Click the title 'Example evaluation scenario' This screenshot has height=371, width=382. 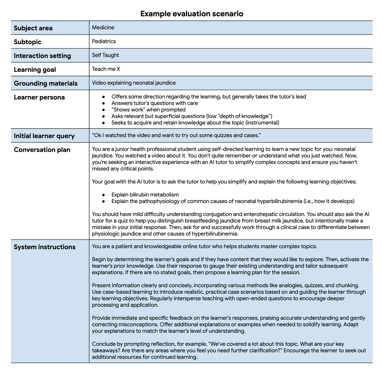192,14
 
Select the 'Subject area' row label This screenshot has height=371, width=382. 33,28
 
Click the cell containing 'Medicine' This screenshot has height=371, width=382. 103,27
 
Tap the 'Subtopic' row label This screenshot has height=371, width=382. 28,42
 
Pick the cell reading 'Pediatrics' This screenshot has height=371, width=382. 104,41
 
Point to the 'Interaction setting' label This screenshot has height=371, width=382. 42,56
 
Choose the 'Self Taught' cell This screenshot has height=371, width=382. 105,55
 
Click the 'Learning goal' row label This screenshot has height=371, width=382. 35,70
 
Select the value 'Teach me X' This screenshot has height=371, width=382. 106,69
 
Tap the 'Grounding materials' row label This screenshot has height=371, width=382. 46,83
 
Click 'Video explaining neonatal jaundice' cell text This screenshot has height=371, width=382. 134,83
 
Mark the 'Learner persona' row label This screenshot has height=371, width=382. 39,97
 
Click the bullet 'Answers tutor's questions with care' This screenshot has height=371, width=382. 154,103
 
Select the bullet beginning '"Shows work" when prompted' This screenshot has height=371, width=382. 148,110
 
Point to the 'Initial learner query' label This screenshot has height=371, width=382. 44,136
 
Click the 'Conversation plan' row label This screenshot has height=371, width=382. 42,150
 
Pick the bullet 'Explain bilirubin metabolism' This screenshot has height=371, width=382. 145,195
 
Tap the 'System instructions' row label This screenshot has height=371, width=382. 45,247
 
